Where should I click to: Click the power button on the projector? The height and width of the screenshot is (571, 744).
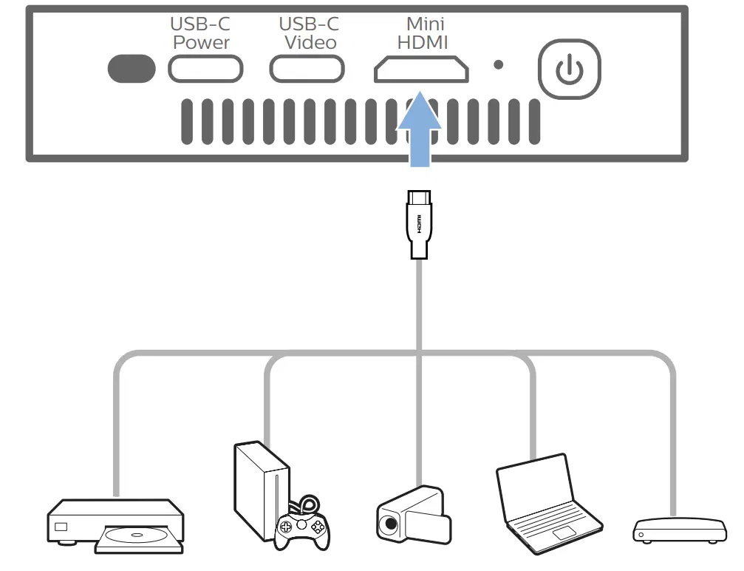click(568, 68)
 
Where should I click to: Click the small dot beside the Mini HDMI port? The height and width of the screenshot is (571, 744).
click(499, 65)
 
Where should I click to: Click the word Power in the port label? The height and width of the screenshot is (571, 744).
click(201, 42)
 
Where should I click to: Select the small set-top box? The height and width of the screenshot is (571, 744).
click(677, 530)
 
